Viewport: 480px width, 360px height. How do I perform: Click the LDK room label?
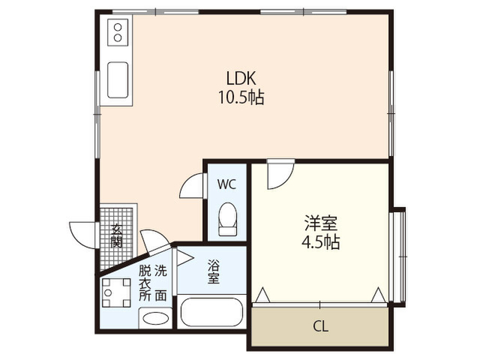pyautogui.click(x=241, y=78)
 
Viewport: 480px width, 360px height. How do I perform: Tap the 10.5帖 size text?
pyautogui.click(x=241, y=97)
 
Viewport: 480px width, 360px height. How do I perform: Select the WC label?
pyautogui.click(x=226, y=184)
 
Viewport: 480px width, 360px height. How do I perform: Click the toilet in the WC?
pyautogui.click(x=227, y=219)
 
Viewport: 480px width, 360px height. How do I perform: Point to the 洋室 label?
pyautogui.click(x=320, y=223)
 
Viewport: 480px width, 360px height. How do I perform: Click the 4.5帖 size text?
pyautogui.click(x=320, y=242)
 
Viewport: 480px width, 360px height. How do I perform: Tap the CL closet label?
pyautogui.click(x=320, y=326)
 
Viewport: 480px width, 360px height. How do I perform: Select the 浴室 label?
pyautogui.click(x=213, y=271)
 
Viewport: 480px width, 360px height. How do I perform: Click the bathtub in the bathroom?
pyautogui.click(x=211, y=312)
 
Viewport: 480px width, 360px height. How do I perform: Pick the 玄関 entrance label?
pyautogui.click(x=117, y=236)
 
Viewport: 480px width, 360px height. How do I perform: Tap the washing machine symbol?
pyautogui.click(x=116, y=293)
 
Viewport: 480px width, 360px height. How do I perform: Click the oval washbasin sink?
pyautogui.click(x=155, y=318)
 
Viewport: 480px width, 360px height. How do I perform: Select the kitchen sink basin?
pyautogui.click(x=118, y=80)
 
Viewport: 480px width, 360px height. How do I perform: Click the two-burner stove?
pyautogui.click(x=118, y=32)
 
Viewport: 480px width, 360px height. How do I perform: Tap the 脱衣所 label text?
pyautogui.click(x=145, y=283)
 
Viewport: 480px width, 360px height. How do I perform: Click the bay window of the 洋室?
pyautogui.click(x=398, y=256)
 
